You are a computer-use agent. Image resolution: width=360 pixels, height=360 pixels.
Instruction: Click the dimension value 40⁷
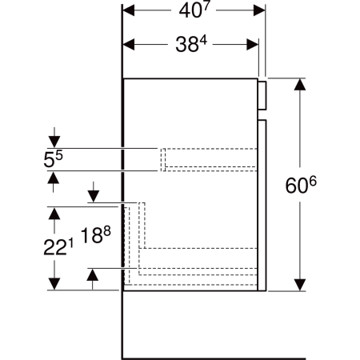[x=194, y=12]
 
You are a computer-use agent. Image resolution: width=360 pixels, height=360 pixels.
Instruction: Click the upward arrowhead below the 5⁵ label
[x=54, y=178]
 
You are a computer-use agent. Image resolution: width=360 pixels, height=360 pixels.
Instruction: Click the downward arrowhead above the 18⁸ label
[x=93, y=196]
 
